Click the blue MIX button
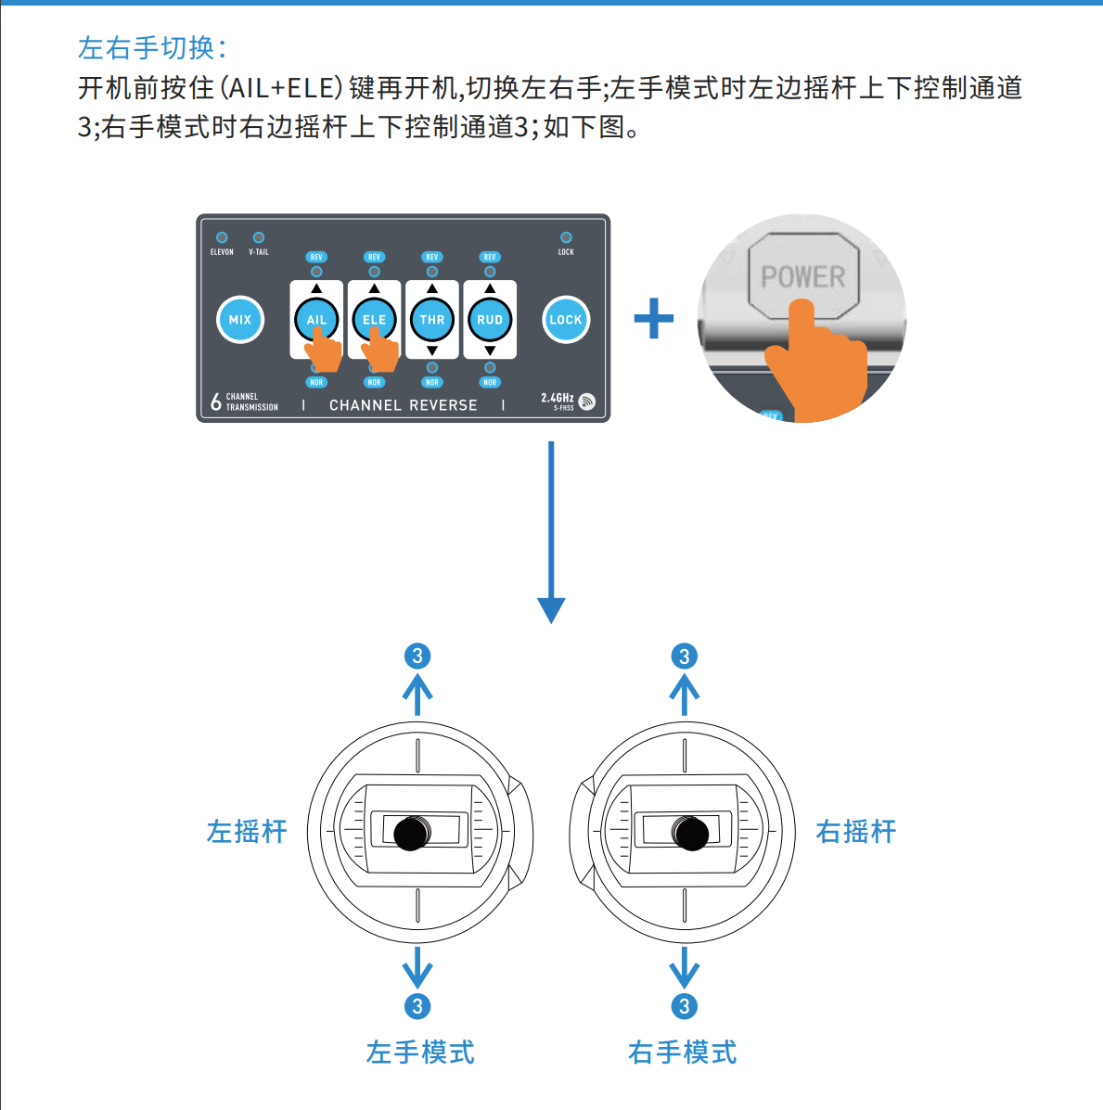pos(240,320)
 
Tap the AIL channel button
pos(316,319)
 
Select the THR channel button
pos(432,320)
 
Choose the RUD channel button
pos(490,320)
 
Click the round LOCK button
pos(566,320)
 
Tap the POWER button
pos(803,276)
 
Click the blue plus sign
pos(654,319)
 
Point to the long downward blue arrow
pos(551,529)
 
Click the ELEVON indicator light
pos(222,237)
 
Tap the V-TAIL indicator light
pos(259,237)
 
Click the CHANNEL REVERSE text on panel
pos(404,405)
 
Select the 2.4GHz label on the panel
pos(558,398)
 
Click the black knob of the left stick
pos(412,833)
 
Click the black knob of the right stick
pos(691,833)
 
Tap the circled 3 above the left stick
pos(417,657)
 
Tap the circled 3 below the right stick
pos(684,1006)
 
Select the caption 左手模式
pos(420,1053)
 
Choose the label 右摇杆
pos(855,832)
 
